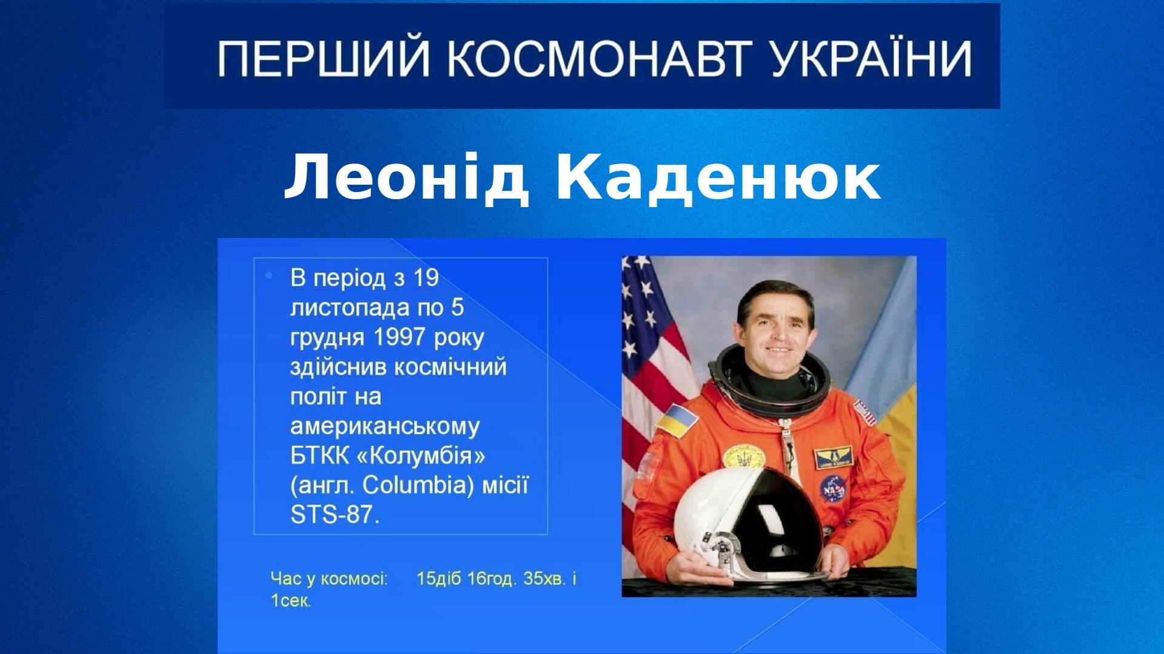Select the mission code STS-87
[x=334, y=515]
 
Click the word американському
[x=385, y=427]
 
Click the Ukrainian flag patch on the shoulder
[x=672, y=419]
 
